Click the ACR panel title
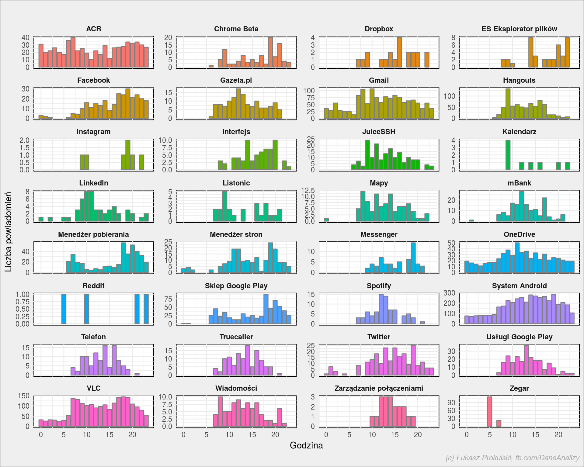point(93,29)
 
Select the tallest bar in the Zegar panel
point(489,412)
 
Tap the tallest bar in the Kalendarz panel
point(508,155)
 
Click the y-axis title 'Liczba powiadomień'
point(8,232)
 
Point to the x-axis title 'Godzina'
point(306,445)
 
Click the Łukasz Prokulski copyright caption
point(513,458)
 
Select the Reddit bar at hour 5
point(64,309)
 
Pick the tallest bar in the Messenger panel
point(413,258)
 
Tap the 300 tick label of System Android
point(449,293)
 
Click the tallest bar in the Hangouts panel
point(508,104)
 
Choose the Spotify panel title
point(379,286)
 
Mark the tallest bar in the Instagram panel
point(128,155)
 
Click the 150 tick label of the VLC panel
point(24,396)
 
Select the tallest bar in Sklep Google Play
point(266,309)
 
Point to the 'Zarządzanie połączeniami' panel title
point(379,389)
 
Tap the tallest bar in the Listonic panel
point(225,206)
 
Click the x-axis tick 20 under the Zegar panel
point(558,435)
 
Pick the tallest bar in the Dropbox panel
point(399,52)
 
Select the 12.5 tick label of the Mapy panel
point(308,190)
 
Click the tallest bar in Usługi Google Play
point(526,360)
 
